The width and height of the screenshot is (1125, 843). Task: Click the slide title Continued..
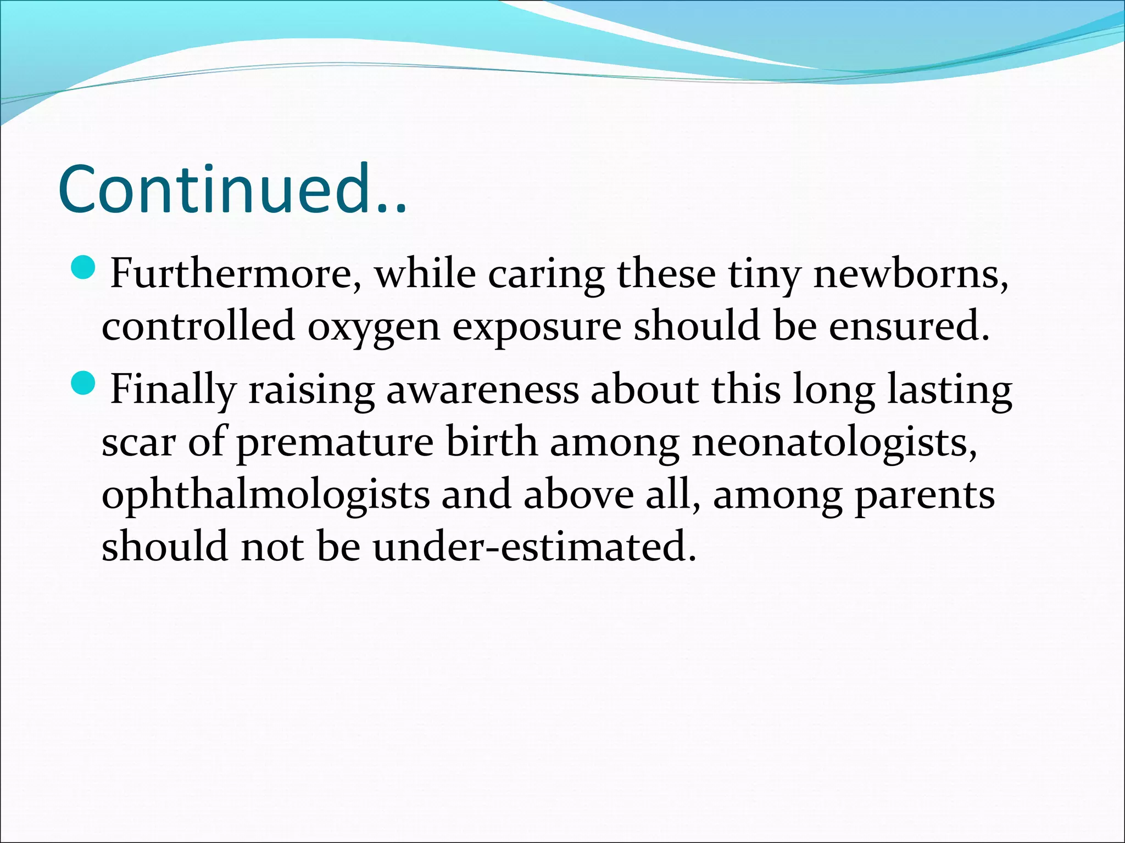pyautogui.click(x=232, y=189)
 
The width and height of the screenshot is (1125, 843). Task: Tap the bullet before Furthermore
pyautogui.click(x=83, y=268)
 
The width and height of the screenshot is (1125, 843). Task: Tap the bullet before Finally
pyautogui.click(x=83, y=383)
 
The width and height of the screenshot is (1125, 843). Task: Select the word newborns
pyautogui.click(x=910, y=274)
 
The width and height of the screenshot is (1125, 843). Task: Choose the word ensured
pyautogui.click(x=909, y=325)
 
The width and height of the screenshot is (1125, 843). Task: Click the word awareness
pyautogui.click(x=482, y=390)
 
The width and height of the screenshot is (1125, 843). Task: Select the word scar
pyautogui.click(x=138, y=442)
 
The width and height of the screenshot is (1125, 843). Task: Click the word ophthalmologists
pyautogui.click(x=266, y=496)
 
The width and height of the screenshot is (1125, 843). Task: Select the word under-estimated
pyautogui.click(x=534, y=547)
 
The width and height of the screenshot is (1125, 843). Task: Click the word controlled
pyautogui.click(x=198, y=325)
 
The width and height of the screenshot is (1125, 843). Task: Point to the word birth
pyautogui.click(x=492, y=442)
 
